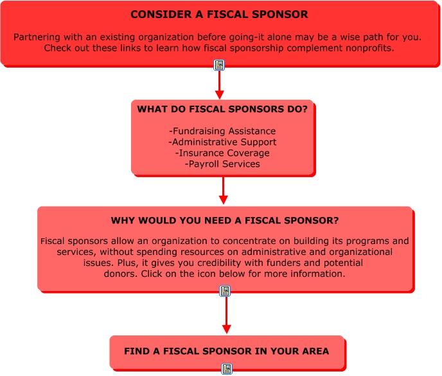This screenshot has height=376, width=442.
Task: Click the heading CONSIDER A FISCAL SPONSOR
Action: coord(219,14)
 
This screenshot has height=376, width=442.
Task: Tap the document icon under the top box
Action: coord(219,65)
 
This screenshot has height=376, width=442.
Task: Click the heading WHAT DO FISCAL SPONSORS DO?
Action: coord(222,109)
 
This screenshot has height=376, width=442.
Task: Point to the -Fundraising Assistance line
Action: coord(222,131)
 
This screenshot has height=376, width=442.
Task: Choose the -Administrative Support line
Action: coord(222,142)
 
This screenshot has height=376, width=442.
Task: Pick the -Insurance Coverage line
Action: coord(222,153)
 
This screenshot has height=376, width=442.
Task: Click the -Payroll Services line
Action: coord(222,164)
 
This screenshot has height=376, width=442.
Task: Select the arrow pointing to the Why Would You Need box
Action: coord(223,190)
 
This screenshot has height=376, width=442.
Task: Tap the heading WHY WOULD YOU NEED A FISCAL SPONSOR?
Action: coord(225,221)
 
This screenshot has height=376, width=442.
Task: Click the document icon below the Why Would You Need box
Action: coord(225,291)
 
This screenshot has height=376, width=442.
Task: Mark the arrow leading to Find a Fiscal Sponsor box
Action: coord(226,315)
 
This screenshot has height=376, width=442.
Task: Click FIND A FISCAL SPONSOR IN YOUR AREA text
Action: coord(226,352)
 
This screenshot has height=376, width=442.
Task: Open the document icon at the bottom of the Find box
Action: coord(226,369)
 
